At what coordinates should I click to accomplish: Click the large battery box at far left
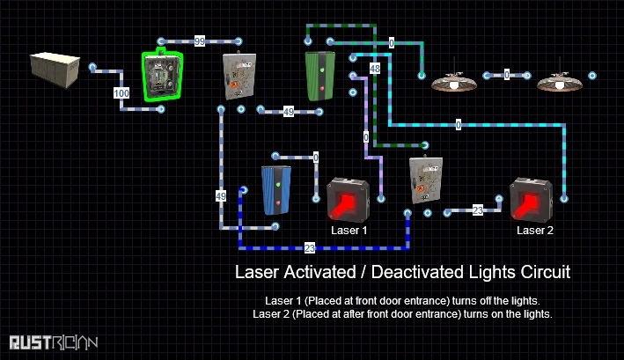pyautogui.click(x=54, y=70)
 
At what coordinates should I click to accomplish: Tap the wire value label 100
pyautogui.click(x=121, y=92)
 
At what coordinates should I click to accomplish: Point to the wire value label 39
pyautogui.click(x=200, y=41)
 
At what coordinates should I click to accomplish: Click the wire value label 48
pyautogui.click(x=375, y=68)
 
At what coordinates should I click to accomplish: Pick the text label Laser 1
pyautogui.click(x=349, y=230)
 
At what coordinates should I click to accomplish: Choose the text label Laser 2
pyautogui.click(x=535, y=230)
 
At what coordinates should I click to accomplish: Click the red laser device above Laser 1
pyautogui.click(x=349, y=200)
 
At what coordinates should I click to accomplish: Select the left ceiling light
pyautogui.click(x=454, y=81)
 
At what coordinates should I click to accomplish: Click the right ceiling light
pyautogui.click(x=560, y=81)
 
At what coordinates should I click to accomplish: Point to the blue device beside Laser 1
pyautogui.click(x=276, y=189)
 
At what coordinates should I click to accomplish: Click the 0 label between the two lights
pyautogui.click(x=507, y=77)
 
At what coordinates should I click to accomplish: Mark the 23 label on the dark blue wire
pyautogui.click(x=309, y=248)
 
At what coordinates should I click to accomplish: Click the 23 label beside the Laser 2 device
pyautogui.click(x=478, y=210)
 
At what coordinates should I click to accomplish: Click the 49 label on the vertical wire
pyautogui.click(x=220, y=195)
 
